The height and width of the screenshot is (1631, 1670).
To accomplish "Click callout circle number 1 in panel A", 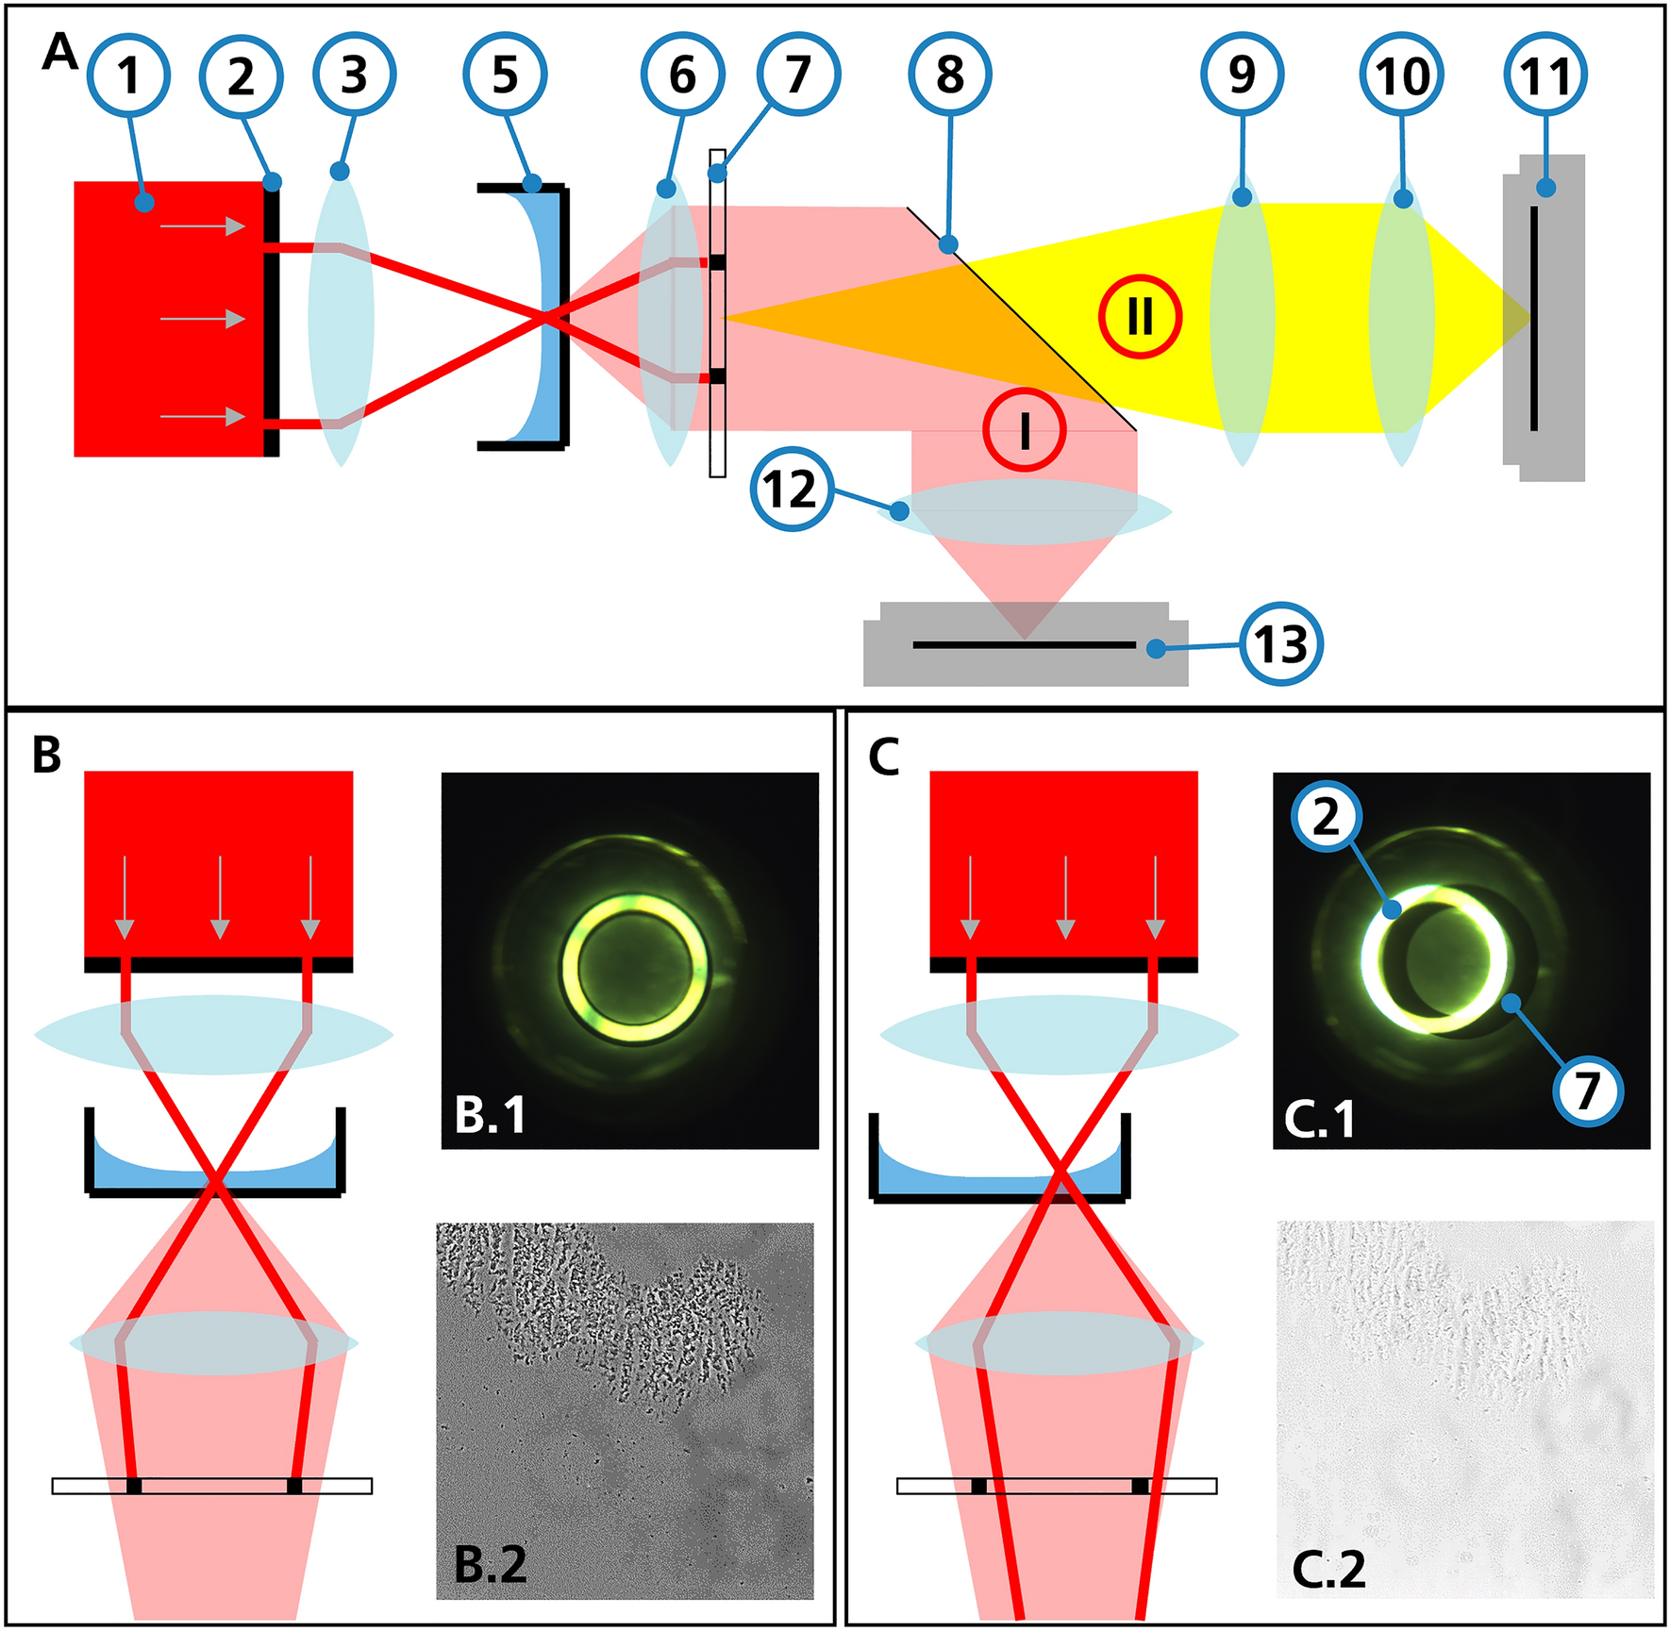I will point(129,75).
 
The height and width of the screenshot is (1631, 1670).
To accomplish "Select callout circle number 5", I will point(505,75).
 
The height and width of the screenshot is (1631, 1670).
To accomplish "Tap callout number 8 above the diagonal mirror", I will point(950,75).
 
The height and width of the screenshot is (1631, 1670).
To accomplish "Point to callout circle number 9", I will point(1243,75).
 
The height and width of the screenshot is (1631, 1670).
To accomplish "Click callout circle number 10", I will point(1402,75).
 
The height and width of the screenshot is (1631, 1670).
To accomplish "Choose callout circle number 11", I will point(1545,75).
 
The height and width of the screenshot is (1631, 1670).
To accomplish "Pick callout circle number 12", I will point(792,489).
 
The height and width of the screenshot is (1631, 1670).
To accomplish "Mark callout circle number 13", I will point(1281,644).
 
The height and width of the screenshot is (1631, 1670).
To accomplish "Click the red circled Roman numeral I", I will point(1025,430).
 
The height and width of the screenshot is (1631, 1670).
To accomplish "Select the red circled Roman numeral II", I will point(1140,316).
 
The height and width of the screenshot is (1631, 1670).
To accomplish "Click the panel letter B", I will point(46,755).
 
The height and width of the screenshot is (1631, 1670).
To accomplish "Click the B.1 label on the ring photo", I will point(490,1115).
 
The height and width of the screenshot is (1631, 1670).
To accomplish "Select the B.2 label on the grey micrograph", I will point(490,1564).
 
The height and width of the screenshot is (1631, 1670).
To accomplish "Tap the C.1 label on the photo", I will point(1320,1119).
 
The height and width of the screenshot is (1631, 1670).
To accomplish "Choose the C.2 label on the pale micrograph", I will point(1328,1570).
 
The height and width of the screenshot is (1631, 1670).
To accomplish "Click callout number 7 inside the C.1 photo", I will point(1588,1090).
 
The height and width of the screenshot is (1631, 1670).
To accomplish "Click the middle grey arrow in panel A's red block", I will point(203,320).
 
